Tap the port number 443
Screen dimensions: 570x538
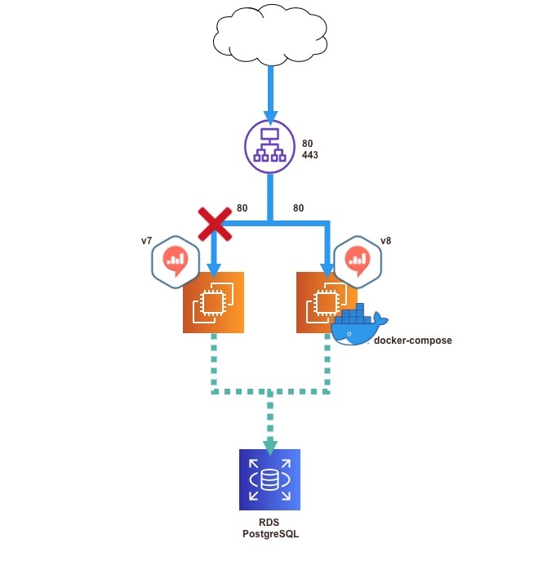coord(311,154)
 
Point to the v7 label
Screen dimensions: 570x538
coord(147,242)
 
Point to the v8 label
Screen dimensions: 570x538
coord(385,242)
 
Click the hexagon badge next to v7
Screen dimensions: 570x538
coord(176,261)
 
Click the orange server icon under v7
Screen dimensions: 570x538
coord(212,302)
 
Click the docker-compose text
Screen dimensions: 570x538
coord(412,340)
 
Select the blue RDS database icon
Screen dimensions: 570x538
coord(269,479)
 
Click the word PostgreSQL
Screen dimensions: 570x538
coord(269,533)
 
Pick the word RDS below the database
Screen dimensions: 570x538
coord(269,522)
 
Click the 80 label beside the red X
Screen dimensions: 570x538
coord(242,208)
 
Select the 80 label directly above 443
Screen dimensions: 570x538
coord(307,143)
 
